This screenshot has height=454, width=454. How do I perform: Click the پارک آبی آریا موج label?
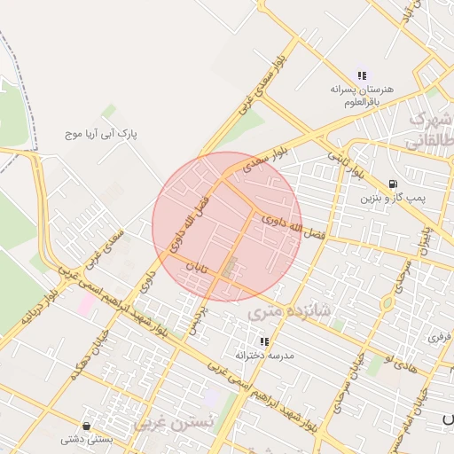pos(102,134)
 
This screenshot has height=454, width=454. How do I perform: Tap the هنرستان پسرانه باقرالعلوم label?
pos(361,96)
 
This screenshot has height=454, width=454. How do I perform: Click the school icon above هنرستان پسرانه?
pos(362,75)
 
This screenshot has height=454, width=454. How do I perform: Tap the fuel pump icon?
pos(393,184)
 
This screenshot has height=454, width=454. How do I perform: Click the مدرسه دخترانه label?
pos(264,355)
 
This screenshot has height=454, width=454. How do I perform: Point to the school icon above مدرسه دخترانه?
pos(264,340)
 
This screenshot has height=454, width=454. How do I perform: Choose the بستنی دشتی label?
pos(85,439)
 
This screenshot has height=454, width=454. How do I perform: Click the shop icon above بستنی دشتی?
pos(85,425)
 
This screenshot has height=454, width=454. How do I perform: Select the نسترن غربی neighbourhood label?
pos(174,423)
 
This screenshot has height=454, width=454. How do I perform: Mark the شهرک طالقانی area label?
pos(428,129)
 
